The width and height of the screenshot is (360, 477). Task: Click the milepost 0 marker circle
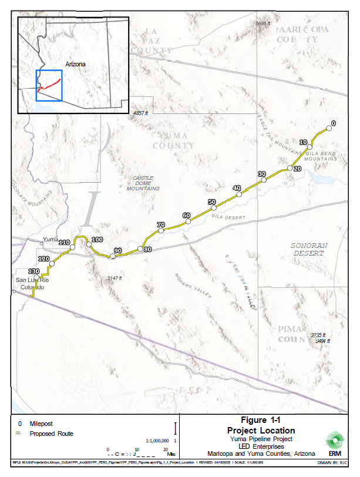point(329,129)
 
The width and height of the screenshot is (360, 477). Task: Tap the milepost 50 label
point(211,202)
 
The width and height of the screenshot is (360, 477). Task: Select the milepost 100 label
point(97,240)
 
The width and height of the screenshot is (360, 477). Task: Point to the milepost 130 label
point(34,271)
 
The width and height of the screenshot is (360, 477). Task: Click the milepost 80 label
point(147,249)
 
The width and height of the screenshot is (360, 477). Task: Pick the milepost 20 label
point(297,169)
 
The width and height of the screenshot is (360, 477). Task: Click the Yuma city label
point(51,240)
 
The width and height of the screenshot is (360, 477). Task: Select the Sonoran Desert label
point(308,249)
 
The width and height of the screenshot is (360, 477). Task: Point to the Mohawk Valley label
point(193,285)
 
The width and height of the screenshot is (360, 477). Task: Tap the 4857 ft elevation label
point(142,113)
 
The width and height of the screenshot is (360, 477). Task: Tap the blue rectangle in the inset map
point(49,85)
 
